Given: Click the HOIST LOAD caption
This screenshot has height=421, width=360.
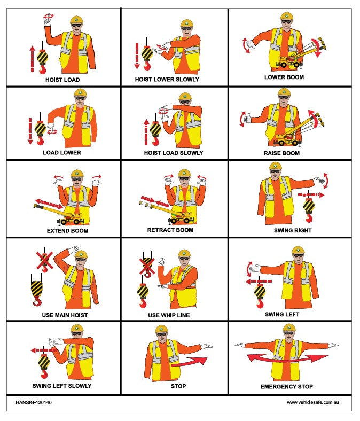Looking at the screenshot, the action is click(x=62, y=80).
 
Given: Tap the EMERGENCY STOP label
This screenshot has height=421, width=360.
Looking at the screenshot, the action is click(x=287, y=387).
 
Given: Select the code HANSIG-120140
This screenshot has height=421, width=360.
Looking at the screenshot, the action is click(x=34, y=402).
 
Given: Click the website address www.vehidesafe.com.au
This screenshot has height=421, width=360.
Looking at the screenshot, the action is click(x=313, y=402).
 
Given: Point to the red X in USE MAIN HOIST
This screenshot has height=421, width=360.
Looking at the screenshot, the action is click(x=44, y=261).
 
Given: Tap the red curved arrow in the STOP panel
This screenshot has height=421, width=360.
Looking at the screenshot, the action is click(x=189, y=362).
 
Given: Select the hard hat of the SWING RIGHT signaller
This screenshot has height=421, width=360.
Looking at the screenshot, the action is click(x=275, y=166).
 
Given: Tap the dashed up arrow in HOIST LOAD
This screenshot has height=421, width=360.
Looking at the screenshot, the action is click(x=33, y=59).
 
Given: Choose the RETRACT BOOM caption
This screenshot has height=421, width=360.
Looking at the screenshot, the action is click(x=170, y=230).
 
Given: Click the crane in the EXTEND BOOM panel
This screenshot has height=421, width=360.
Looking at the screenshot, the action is click(x=60, y=214).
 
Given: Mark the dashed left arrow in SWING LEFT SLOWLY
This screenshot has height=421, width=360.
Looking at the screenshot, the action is click(x=44, y=350).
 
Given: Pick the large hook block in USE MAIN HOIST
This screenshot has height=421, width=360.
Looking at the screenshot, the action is click(x=36, y=290).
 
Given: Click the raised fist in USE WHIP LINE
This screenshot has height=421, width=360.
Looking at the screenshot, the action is click(x=162, y=262).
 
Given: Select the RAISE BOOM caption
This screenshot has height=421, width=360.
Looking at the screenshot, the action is click(x=281, y=153).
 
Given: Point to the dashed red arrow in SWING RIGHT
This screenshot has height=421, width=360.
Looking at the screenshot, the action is click(x=311, y=194).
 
